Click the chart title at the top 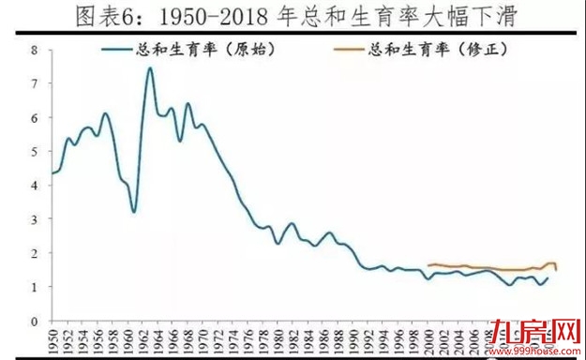[x=293, y=18]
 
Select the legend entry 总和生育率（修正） [x=436, y=49]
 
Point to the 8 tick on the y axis [x=35, y=50]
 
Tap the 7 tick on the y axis [x=35, y=84]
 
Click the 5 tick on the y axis [x=35, y=152]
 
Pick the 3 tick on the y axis [x=35, y=219]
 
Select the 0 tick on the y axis [x=35, y=321]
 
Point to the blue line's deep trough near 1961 [x=134, y=212]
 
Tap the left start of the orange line [x=428, y=265]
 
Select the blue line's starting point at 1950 [x=51, y=173]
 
